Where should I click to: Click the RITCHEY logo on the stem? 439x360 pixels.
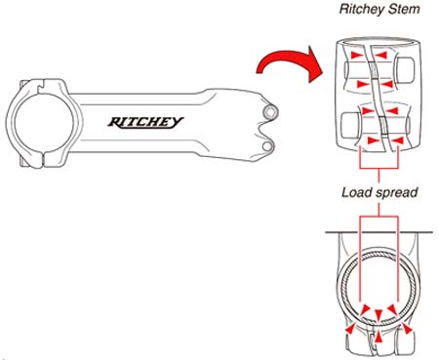tap(145, 122)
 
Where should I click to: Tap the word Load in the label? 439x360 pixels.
tap(356, 192)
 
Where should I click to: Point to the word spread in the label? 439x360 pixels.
tap(396, 193)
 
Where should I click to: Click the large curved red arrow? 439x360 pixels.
tap(288, 64)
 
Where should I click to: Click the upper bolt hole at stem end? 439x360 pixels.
tap(270, 112)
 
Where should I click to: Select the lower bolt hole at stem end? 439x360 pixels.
tap(267, 146)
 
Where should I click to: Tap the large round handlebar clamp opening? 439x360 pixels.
tap(44, 124)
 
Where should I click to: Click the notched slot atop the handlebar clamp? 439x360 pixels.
tap(42, 86)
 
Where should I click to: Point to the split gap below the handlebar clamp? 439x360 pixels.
tap(43, 159)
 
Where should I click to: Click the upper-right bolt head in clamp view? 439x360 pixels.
tap(405, 70)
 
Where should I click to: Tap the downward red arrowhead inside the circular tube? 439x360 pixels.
tap(379, 315)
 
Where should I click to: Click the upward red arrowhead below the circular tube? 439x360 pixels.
tap(379, 337)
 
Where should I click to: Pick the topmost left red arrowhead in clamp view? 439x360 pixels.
tap(357, 55)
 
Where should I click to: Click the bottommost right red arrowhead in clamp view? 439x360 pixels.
tap(397, 140)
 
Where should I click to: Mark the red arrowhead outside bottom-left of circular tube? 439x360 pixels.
tap(350, 329)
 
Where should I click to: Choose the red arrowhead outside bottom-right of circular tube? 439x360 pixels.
tap(407, 329)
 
